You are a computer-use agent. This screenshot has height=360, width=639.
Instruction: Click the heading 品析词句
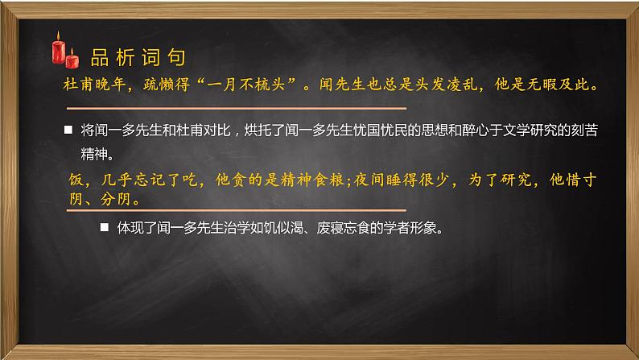coord(138,57)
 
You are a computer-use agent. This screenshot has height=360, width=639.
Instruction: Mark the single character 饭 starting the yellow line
coord(75,181)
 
